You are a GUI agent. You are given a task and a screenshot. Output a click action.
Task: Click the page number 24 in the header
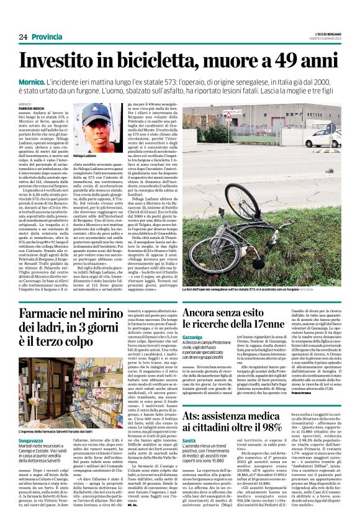point(23,37)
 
